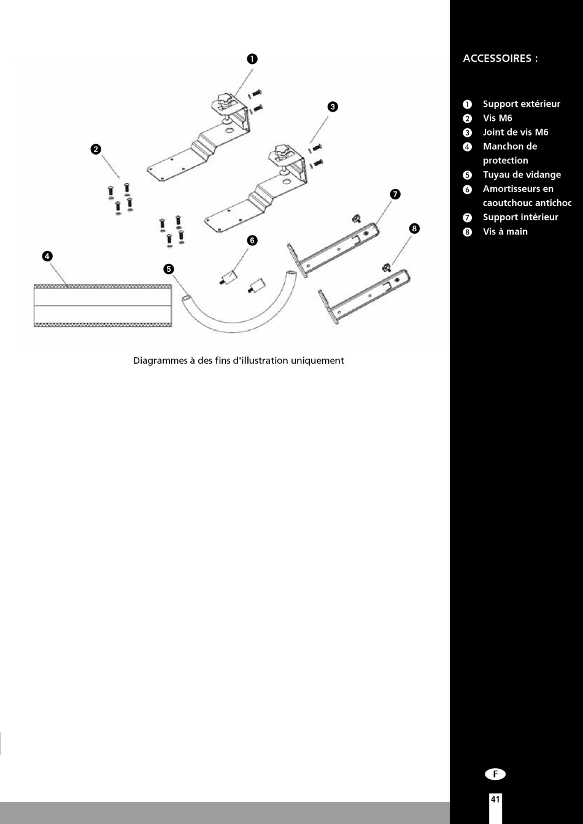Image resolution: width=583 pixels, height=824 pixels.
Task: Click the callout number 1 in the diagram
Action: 252,59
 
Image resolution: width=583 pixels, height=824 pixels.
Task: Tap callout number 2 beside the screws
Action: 96,149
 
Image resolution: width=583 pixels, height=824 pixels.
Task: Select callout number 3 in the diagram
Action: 332,107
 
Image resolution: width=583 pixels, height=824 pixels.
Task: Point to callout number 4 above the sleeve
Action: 47,256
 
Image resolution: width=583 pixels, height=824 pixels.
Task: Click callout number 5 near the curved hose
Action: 169,268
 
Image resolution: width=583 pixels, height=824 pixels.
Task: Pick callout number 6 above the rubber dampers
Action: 252,240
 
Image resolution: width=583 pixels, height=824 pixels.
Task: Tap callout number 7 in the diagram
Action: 395,194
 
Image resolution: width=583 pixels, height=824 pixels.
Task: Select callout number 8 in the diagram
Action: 414,229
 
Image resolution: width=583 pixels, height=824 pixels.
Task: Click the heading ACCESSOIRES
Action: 500,59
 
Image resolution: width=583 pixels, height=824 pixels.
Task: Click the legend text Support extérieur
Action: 521,104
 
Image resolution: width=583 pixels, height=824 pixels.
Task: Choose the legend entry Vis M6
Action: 497,118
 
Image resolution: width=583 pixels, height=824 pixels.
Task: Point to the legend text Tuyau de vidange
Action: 522,175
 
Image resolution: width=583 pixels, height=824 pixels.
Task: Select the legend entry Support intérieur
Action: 520,217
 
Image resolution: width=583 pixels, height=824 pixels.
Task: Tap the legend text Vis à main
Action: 505,232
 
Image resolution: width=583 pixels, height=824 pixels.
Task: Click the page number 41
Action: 495,799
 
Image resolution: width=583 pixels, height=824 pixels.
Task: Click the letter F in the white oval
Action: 495,774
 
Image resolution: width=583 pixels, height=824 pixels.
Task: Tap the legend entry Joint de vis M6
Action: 515,133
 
